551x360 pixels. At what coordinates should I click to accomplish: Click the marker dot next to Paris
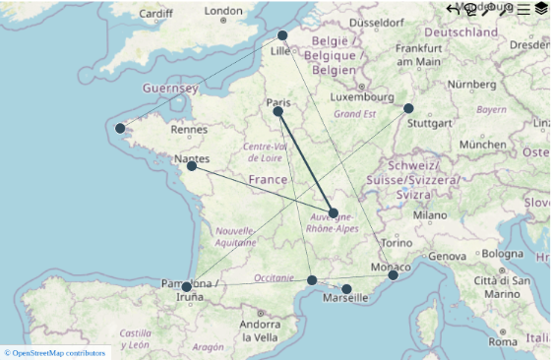278,111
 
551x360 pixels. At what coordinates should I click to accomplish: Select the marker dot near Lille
282,35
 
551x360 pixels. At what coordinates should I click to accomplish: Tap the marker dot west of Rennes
120,128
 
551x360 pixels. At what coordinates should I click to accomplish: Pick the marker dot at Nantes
192,166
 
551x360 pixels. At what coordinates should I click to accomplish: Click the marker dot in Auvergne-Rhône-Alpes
334,212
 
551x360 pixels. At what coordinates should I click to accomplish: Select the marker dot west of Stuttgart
408,108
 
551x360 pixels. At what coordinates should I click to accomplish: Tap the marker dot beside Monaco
393,275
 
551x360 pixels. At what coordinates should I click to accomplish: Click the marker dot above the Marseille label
346,289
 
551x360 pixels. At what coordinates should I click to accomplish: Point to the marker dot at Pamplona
186,287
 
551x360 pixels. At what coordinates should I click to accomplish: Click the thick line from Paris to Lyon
306,162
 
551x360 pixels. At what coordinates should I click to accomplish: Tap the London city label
223,12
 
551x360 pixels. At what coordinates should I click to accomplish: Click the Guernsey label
170,88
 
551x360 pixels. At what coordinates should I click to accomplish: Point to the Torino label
370,243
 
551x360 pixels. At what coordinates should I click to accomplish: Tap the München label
482,144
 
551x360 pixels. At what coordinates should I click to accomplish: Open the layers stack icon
540,9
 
